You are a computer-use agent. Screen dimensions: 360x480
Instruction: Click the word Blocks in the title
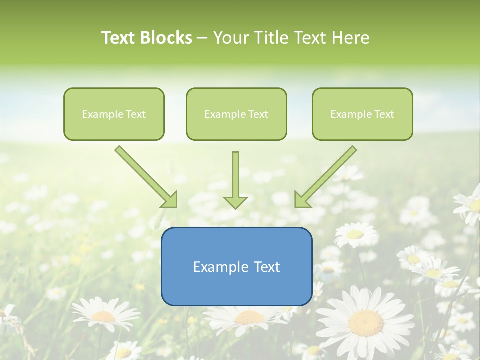[167, 38]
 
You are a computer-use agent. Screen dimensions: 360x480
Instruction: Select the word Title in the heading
[272, 38]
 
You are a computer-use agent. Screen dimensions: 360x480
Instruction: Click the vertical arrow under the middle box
[235, 175]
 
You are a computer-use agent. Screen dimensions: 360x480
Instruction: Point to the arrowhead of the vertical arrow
[235, 202]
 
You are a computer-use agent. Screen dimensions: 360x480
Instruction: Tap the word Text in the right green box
[384, 114]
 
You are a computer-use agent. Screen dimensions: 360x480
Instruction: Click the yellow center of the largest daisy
[366, 323]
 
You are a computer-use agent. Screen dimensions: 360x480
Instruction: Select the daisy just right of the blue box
[355, 234]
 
